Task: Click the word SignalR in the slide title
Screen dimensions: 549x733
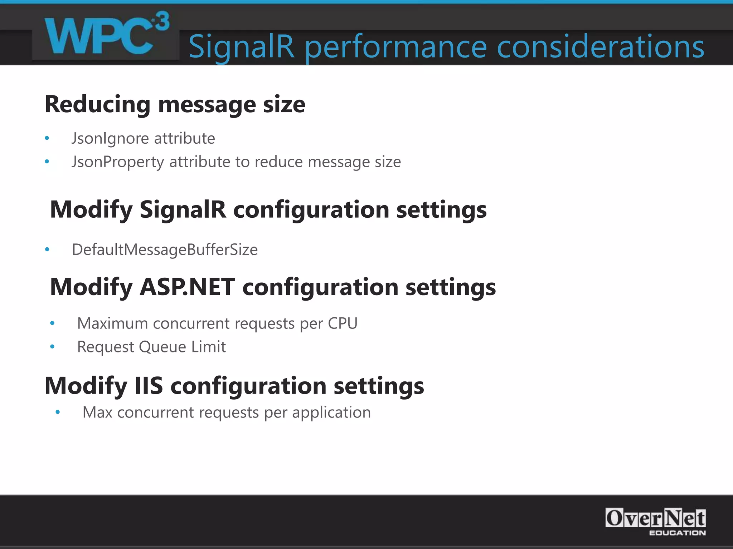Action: click(242, 46)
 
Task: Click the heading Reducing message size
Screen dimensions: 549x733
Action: click(175, 104)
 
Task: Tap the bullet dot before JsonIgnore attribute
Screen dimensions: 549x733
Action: click(47, 138)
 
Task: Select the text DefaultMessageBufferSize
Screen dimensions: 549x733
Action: click(165, 249)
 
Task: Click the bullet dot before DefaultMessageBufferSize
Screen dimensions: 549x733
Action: click(47, 249)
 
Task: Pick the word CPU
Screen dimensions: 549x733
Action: click(343, 323)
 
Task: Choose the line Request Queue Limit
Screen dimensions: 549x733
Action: click(151, 347)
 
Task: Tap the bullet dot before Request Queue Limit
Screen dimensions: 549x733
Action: click(52, 347)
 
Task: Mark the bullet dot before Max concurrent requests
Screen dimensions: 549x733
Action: click(58, 412)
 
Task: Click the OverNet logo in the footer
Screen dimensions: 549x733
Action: click(655, 518)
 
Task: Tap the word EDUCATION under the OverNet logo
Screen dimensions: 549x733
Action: click(677, 533)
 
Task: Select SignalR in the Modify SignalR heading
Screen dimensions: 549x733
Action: click(183, 209)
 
